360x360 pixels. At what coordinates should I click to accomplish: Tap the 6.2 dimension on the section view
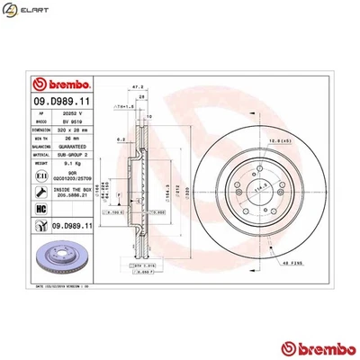pyautogui.click(x=120, y=140)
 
